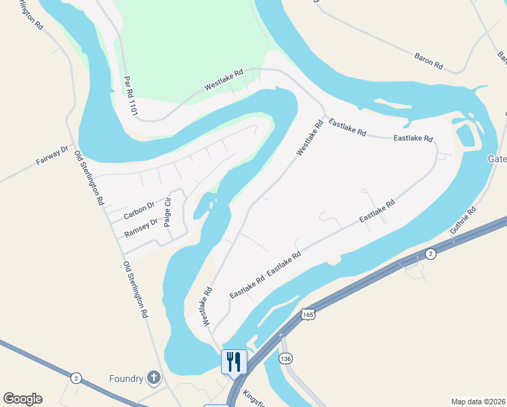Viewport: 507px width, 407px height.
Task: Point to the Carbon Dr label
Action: tap(139, 210)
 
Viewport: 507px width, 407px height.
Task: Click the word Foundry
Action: tap(125, 379)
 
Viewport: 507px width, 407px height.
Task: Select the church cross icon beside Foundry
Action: tap(154, 378)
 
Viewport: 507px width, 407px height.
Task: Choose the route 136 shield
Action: tap(285, 357)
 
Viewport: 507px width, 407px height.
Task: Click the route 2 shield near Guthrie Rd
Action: tap(430, 253)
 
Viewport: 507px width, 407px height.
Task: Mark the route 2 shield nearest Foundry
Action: tap(76, 377)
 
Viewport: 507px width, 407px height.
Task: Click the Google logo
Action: tap(22, 399)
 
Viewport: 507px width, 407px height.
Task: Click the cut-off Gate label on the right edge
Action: tap(497, 159)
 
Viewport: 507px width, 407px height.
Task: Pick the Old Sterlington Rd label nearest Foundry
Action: tap(135, 290)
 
